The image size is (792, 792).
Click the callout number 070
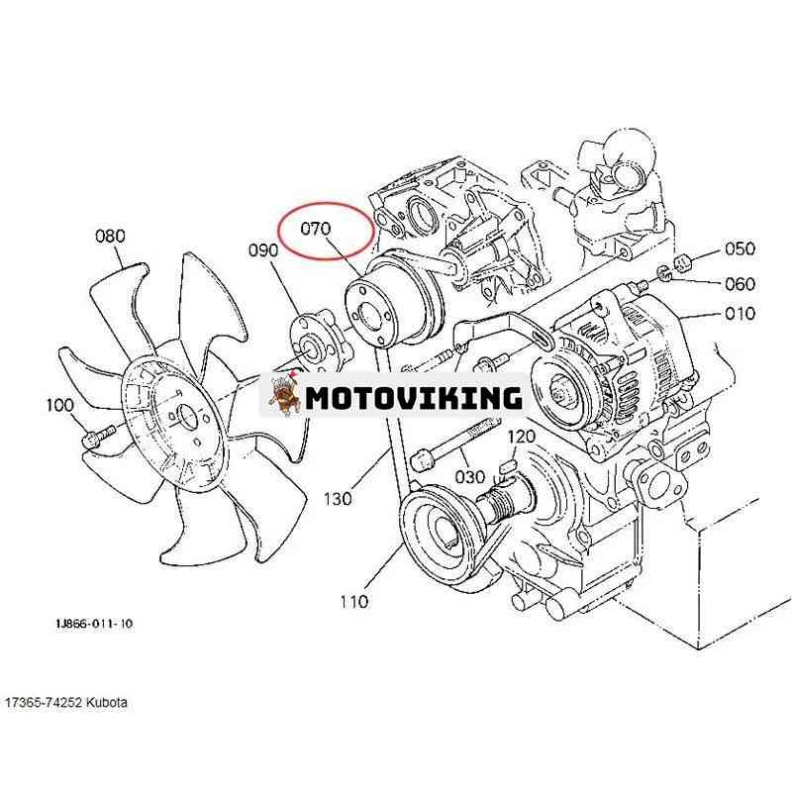pos(315,229)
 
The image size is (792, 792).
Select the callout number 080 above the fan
pos(110,236)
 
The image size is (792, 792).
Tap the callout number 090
pos(263,250)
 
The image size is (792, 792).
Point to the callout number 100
pos(60,405)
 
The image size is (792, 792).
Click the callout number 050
pos(740,248)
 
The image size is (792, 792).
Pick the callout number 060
pos(740,283)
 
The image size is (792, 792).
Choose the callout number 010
pos(740,313)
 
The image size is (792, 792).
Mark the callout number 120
pos(521,436)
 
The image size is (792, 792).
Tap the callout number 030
pos(469,476)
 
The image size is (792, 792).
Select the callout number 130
pos(338,499)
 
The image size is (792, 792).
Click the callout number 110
pos(353,602)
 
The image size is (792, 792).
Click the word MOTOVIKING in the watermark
pos(414,398)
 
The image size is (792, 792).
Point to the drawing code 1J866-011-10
pos(94,624)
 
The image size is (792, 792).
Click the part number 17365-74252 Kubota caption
pos(66,703)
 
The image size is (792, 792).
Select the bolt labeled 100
pos(98,436)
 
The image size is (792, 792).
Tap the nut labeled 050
pos(682,262)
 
